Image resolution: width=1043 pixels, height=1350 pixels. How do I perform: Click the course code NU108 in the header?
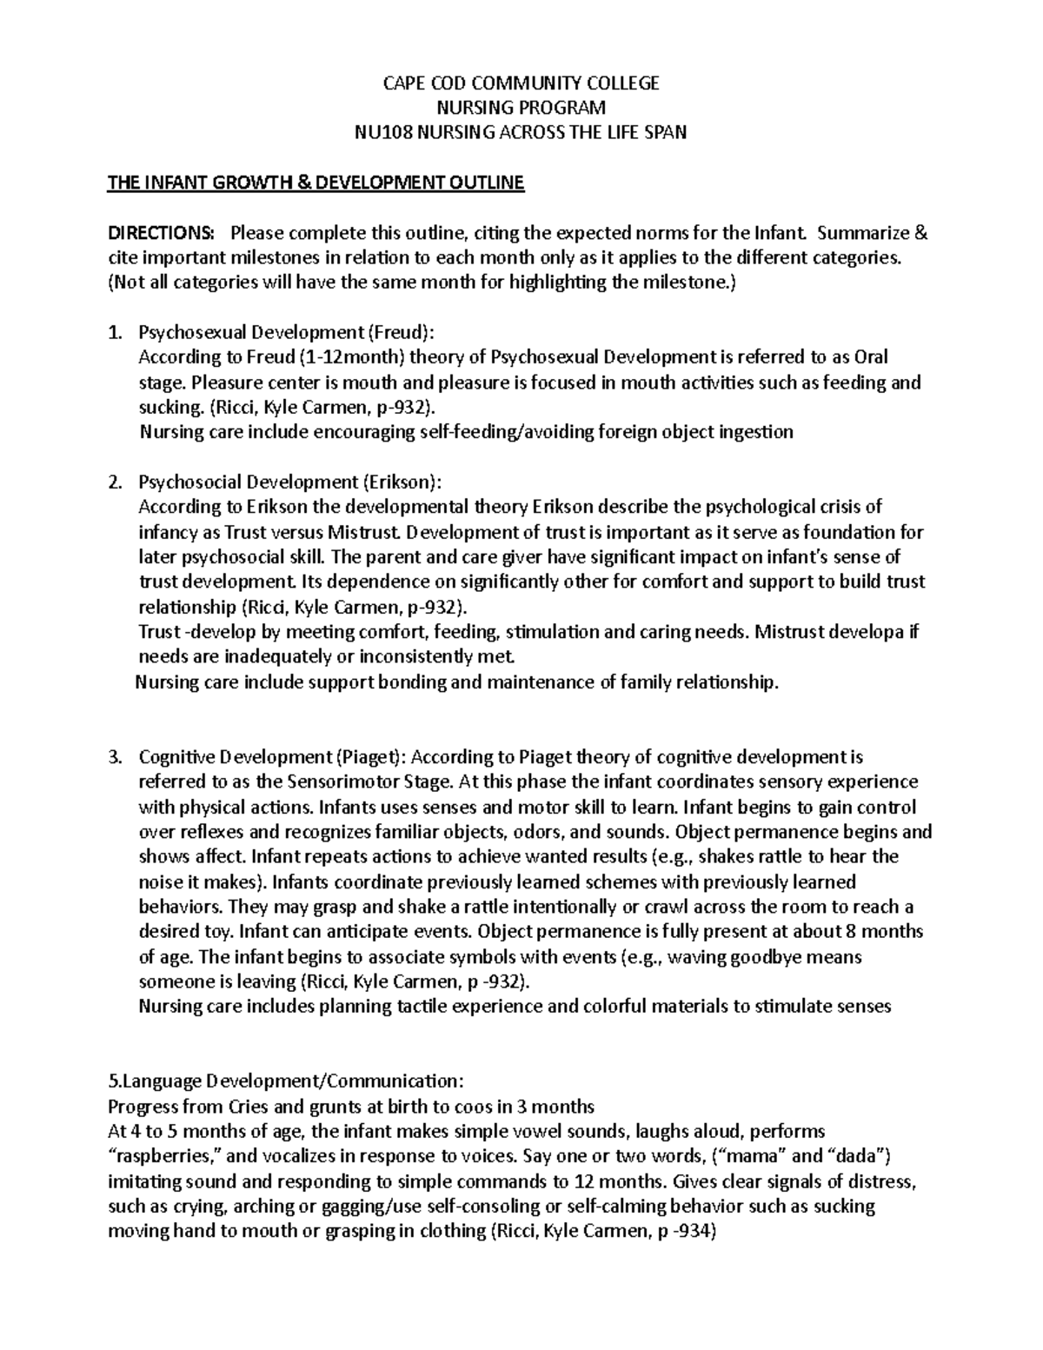pyautogui.click(x=381, y=132)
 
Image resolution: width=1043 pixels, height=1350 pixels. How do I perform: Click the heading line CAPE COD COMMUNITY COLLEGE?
pyautogui.click(x=521, y=83)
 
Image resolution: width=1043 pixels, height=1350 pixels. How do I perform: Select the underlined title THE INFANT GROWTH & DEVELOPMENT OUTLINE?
pyautogui.click(x=316, y=183)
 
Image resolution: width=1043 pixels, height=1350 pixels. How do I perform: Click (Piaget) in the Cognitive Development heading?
pyautogui.click(x=368, y=756)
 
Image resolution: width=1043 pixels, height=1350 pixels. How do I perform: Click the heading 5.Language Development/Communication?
pyautogui.click(x=285, y=1081)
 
